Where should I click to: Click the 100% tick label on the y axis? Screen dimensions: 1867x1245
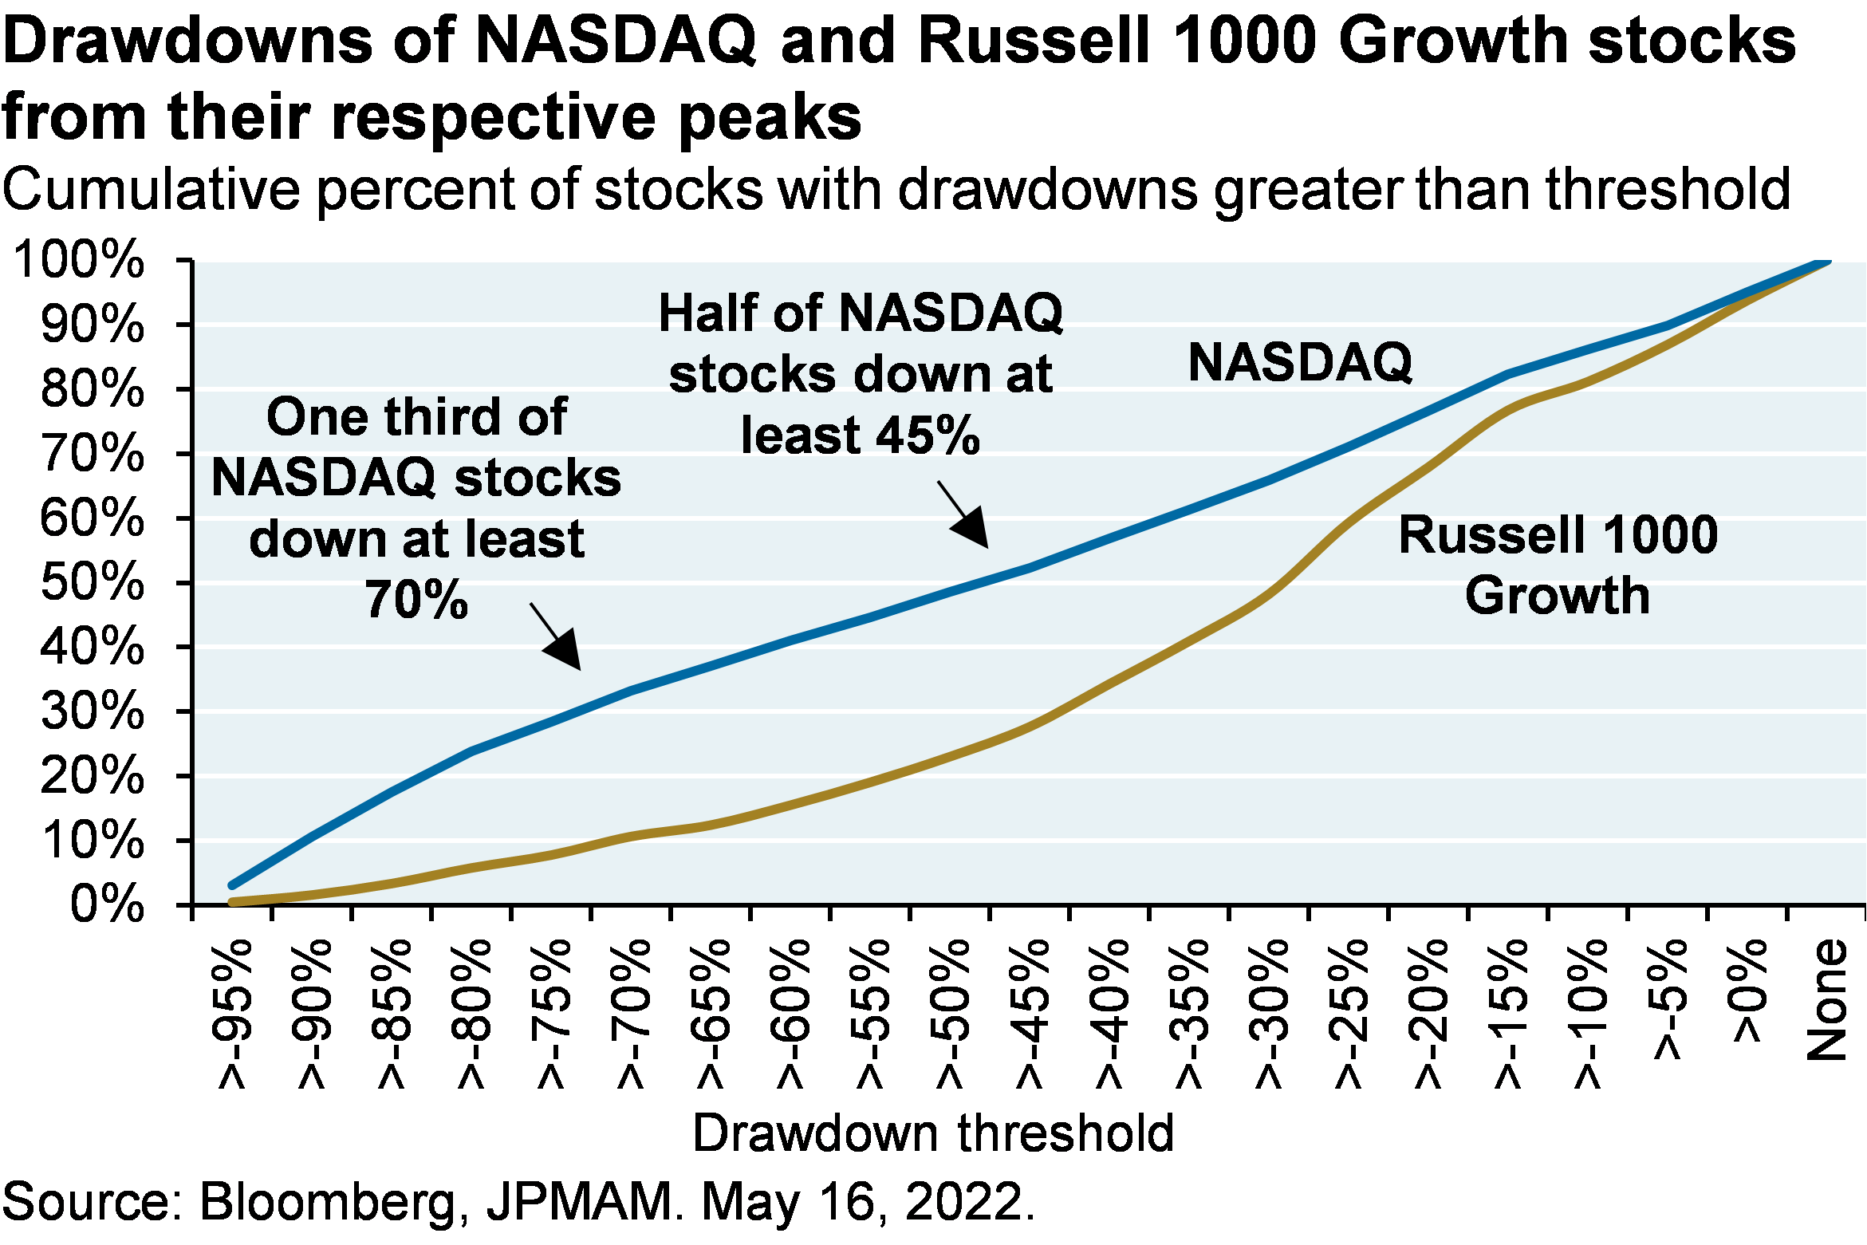tap(78, 260)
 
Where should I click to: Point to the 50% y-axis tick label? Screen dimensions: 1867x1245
tap(92, 582)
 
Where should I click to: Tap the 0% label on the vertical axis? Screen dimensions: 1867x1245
tap(107, 904)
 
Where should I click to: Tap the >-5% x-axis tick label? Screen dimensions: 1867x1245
tap(1670, 999)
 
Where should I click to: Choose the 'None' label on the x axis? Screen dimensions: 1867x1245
tap(1828, 999)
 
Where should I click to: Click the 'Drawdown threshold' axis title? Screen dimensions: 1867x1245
tap(933, 1133)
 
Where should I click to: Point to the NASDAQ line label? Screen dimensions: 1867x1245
tap(1300, 363)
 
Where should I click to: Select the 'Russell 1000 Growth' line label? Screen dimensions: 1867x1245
tap(1558, 565)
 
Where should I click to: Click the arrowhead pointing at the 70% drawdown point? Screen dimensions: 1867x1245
tap(565, 651)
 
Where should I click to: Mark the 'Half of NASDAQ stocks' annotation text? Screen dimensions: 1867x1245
tap(861, 343)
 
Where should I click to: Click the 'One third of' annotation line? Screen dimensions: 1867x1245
tap(416, 416)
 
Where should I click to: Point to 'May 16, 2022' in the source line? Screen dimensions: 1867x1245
tap(863, 1203)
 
